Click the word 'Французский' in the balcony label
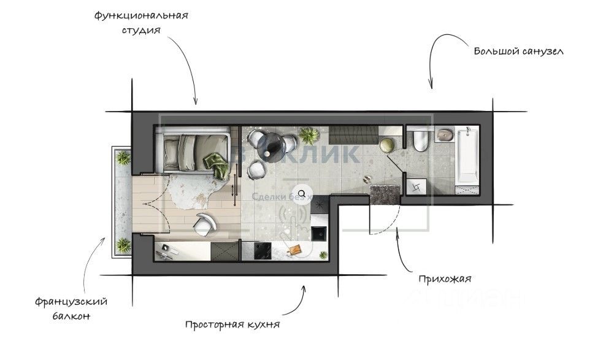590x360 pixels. click(71, 302)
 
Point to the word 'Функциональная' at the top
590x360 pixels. click(140, 15)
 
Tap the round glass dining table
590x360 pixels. click(288, 145)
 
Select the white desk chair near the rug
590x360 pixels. click(204, 224)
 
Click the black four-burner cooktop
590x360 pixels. click(264, 250)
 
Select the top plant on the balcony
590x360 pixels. click(123, 158)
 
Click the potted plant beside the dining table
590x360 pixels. click(310, 134)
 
